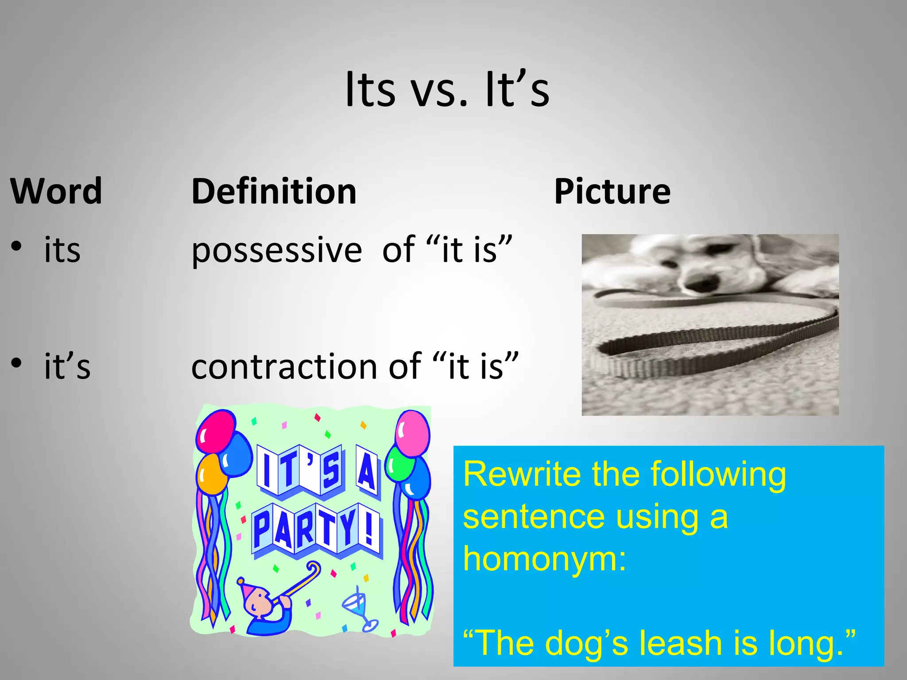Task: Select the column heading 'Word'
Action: tap(56, 191)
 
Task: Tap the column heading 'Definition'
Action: tap(274, 191)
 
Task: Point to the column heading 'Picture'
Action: tap(612, 191)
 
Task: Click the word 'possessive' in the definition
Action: tap(276, 251)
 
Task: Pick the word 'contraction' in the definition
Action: tap(284, 367)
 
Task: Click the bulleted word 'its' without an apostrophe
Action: tap(62, 250)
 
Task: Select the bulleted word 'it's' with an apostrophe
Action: tap(67, 367)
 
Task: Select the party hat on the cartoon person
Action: tap(246, 586)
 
